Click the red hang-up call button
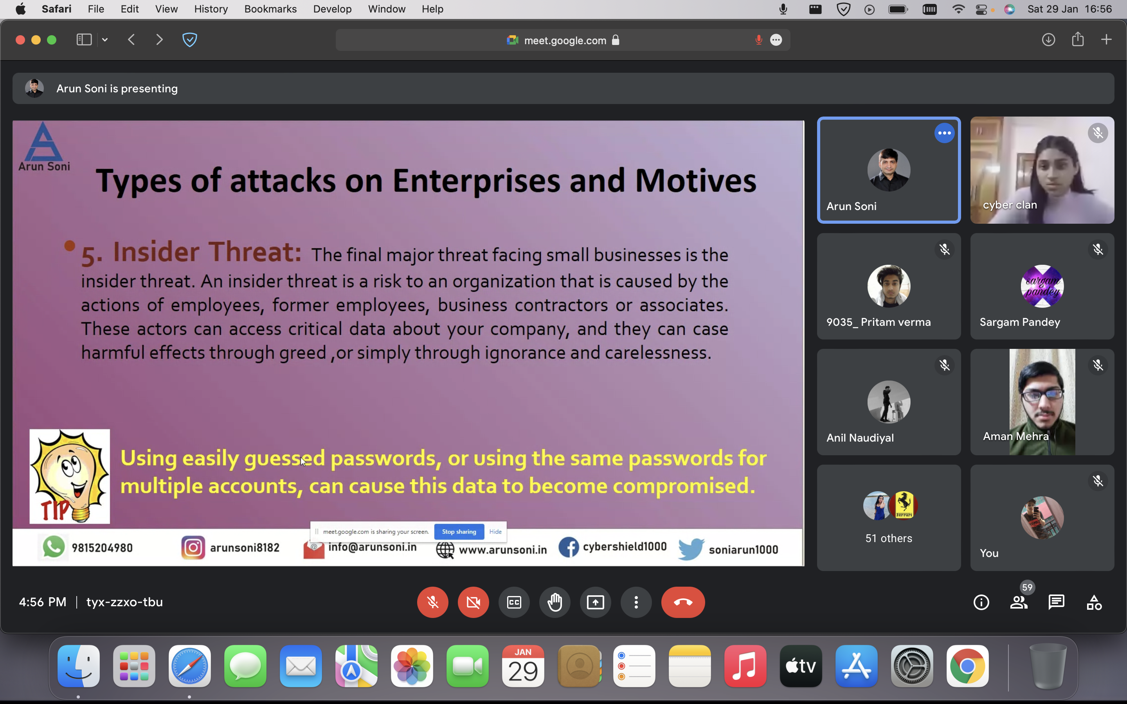(x=683, y=602)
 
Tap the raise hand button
(x=554, y=602)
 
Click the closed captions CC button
(x=514, y=602)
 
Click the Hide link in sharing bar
(x=495, y=532)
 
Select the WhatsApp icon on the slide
(x=54, y=547)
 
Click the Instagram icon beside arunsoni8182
(x=193, y=548)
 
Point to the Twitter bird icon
(x=691, y=549)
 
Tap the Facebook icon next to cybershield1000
(x=569, y=547)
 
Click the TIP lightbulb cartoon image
(x=70, y=476)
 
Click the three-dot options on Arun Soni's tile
(x=944, y=133)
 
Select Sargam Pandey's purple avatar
(x=1042, y=286)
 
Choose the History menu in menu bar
(x=211, y=9)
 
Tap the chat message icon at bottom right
(x=1056, y=602)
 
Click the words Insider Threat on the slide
(x=207, y=252)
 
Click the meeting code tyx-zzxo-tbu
(x=124, y=602)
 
